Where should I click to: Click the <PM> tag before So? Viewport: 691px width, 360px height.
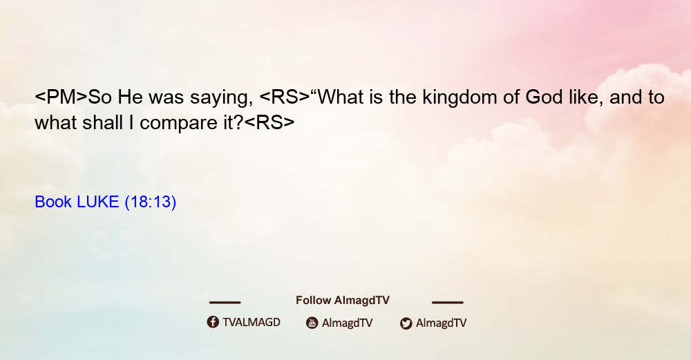click(x=61, y=97)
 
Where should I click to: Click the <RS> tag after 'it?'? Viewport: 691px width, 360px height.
click(x=269, y=123)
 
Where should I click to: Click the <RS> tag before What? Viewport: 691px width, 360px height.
click(x=285, y=97)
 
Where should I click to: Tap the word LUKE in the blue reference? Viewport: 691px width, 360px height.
click(x=98, y=202)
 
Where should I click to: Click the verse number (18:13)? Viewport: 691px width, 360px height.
click(x=150, y=202)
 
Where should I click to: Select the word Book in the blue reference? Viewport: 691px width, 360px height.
click(x=53, y=202)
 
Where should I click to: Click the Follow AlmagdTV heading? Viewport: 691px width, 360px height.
click(x=343, y=300)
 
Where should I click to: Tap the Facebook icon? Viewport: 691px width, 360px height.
click(x=213, y=322)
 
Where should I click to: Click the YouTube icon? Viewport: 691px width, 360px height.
click(x=312, y=323)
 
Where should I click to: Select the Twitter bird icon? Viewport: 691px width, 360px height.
click(x=406, y=323)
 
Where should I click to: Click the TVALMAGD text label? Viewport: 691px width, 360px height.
click(x=252, y=322)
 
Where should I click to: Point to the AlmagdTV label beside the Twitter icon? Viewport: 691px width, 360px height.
click(x=441, y=323)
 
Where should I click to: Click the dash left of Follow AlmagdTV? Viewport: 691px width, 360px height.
click(x=225, y=302)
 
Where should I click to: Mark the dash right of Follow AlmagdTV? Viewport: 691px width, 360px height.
click(x=448, y=302)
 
